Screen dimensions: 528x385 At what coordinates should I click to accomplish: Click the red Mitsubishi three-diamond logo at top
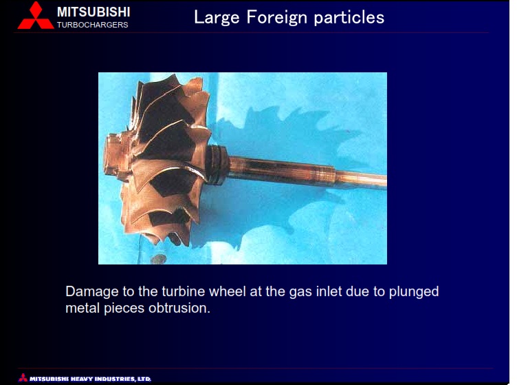(x=35, y=16)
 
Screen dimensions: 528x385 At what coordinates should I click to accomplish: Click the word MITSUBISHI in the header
(x=93, y=12)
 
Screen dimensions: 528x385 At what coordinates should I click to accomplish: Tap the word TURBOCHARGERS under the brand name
(x=92, y=25)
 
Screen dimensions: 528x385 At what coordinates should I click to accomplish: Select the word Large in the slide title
(x=216, y=18)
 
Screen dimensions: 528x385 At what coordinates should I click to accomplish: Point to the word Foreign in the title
(x=277, y=18)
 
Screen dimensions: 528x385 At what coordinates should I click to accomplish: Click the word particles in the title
(x=349, y=18)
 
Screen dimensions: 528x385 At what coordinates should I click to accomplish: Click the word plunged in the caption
(x=414, y=292)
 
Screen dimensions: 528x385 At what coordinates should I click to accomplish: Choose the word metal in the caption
(x=82, y=308)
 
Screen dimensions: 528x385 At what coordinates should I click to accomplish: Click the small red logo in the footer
(x=23, y=377)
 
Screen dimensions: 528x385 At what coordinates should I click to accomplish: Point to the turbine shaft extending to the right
(x=307, y=171)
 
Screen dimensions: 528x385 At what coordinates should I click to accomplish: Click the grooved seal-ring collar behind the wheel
(x=216, y=165)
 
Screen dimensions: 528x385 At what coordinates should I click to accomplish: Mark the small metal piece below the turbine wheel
(x=158, y=259)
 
